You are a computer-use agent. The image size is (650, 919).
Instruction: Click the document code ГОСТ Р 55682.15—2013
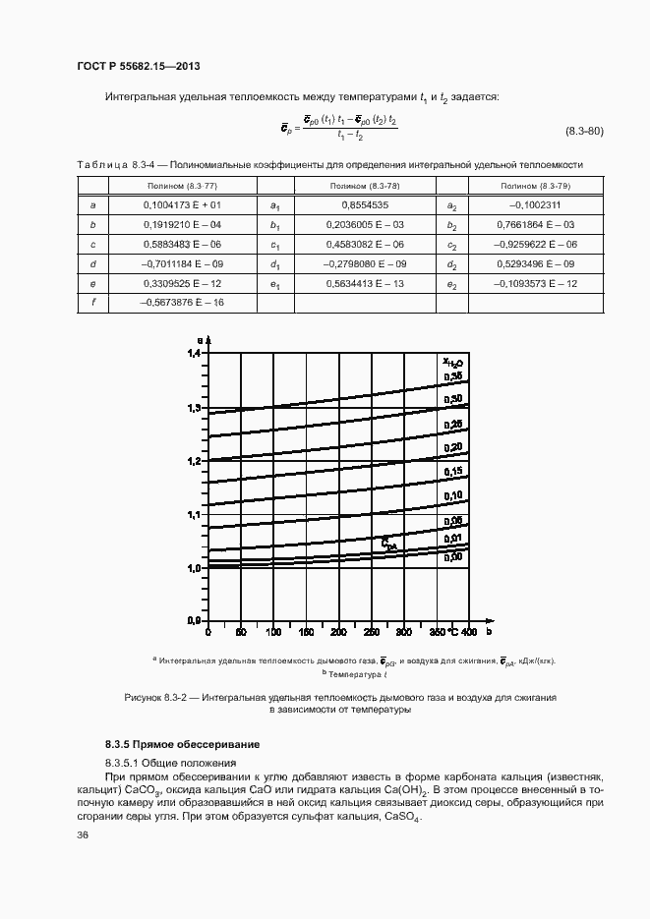[x=139, y=67]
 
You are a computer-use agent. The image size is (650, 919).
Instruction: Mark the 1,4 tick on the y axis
[x=193, y=353]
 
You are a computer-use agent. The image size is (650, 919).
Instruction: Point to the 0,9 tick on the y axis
[x=193, y=621]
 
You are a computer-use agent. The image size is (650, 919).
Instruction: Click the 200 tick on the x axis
[x=337, y=631]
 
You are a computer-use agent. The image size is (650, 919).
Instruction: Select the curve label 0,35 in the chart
[x=453, y=376]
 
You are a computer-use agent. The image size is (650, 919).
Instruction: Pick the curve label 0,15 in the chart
[x=453, y=472]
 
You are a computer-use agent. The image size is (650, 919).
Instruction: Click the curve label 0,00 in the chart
[x=453, y=556]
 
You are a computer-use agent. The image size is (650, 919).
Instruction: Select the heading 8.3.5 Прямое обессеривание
[x=169, y=744]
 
